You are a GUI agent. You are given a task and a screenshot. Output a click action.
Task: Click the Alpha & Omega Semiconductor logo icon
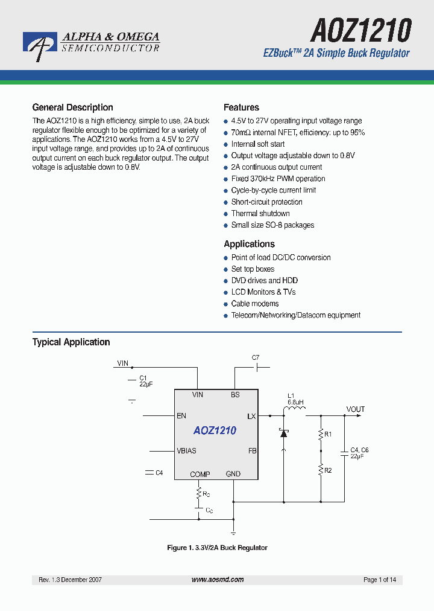40,45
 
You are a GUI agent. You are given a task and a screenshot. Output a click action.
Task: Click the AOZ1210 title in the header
360,30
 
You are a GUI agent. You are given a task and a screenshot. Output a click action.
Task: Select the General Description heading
72,107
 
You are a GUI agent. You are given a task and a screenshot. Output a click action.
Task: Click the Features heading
241,107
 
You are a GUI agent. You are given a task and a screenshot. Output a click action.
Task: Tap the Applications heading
249,244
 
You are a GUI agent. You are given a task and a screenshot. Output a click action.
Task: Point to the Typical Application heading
71,342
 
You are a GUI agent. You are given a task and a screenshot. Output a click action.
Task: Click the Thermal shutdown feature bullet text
260,214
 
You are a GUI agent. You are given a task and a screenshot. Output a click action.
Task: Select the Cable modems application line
255,304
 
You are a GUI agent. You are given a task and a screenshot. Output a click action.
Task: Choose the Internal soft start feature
258,144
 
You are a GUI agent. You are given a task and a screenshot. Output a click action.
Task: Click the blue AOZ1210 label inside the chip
215,430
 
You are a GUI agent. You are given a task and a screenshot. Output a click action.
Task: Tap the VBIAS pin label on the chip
186,451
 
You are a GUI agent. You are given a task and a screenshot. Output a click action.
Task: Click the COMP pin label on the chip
200,475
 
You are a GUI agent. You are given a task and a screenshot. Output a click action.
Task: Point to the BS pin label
235,395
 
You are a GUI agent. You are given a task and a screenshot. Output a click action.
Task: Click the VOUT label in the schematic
356,409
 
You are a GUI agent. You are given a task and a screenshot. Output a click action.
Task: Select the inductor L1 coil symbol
295,411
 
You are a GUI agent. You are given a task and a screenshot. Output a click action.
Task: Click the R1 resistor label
329,434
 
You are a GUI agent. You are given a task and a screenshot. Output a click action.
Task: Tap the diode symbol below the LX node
283,433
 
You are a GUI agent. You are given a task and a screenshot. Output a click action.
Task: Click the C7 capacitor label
256,358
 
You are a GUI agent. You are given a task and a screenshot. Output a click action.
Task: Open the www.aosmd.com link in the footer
218,580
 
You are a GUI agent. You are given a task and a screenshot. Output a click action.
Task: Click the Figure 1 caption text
217,548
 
